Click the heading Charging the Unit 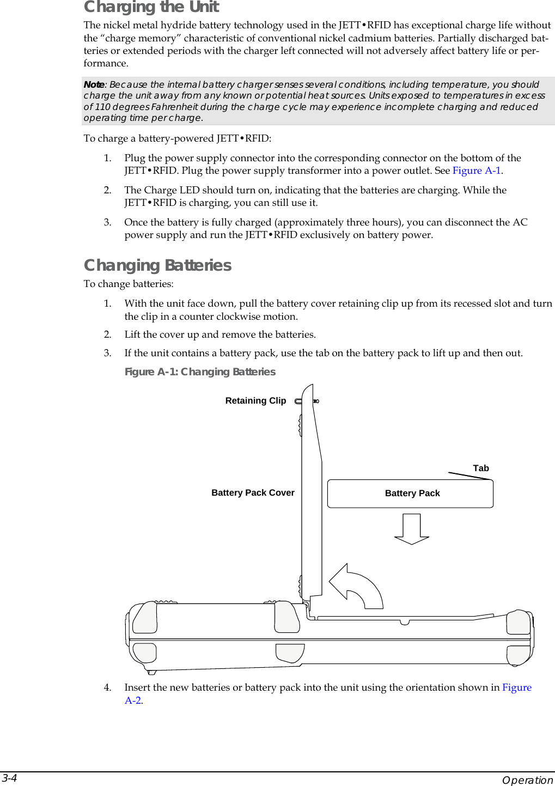pyautogui.click(x=151, y=7)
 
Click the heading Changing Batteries pyautogui.click(x=157, y=265)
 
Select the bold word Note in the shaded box pyautogui.click(x=94, y=84)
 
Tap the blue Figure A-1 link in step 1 pyautogui.click(x=477, y=170)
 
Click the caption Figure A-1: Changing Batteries pyautogui.click(x=200, y=371)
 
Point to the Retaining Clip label pyautogui.click(x=255, y=401)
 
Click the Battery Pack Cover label pyautogui.click(x=253, y=493)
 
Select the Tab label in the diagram pyautogui.click(x=481, y=468)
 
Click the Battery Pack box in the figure pyautogui.click(x=410, y=493)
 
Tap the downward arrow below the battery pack pyautogui.click(x=412, y=529)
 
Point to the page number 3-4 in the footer pyautogui.click(x=9, y=778)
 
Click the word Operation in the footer pyautogui.click(x=527, y=780)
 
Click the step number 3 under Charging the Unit pyautogui.click(x=107, y=222)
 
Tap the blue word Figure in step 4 pyautogui.click(x=516, y=687)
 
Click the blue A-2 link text pyautogui.click(x=133, y=700)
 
